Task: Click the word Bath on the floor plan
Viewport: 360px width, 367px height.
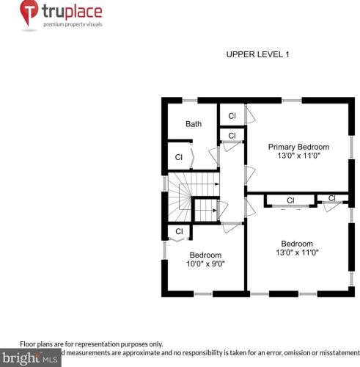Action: click(193, 124)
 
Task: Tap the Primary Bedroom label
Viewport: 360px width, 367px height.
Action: click(298, 146)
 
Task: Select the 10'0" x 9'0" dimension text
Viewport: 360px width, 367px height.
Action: click(206, 264)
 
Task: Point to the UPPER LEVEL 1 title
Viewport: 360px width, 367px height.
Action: click(258, 54)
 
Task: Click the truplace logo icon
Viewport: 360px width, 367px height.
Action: click(29, 15)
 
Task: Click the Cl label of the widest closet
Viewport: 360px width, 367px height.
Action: click(290, 200)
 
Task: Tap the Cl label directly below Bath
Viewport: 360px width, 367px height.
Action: click(178, 156)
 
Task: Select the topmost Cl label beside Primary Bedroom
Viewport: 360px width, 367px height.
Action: click(232, 116)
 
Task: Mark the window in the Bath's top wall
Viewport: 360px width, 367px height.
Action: click(190, 100)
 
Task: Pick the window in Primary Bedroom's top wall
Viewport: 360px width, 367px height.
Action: click(292, 100)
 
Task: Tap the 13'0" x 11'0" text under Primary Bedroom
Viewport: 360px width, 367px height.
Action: click(298, 156)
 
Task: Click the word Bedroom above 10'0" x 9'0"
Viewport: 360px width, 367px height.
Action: click(205, 255)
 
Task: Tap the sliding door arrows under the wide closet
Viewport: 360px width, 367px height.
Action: click(290, 209)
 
